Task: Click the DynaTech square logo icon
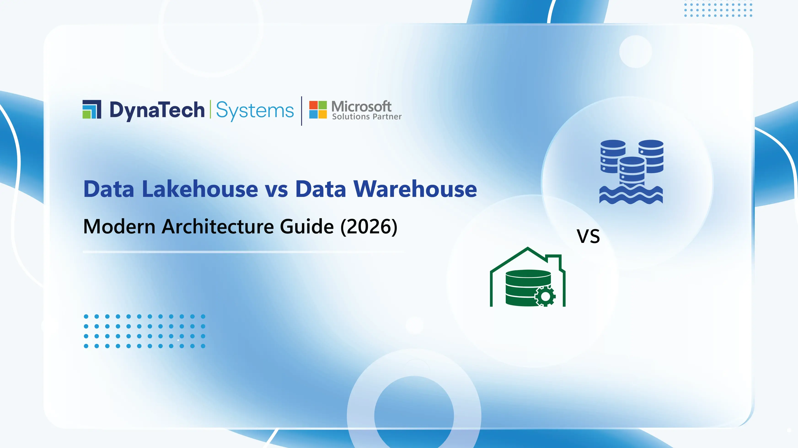(x=92, y=109)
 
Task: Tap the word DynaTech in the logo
(x=157, y=110)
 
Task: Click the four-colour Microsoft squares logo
(x=318, y=110)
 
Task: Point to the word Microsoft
(x=361, y=106)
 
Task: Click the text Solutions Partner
(x=367, y=117)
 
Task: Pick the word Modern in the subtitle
(x=119, y=226)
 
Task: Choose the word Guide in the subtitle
(x=307, y=226)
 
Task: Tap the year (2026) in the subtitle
(x=369, y=226)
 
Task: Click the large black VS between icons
(x=588, y=236)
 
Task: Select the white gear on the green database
(x=545, y=296)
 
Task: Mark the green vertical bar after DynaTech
(x=211, y=109)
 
